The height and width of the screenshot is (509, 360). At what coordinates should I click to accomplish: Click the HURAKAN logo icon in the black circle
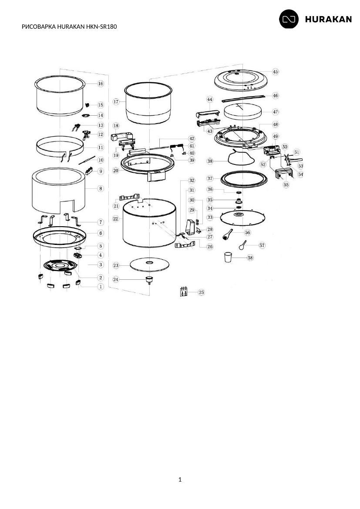pos(289,19)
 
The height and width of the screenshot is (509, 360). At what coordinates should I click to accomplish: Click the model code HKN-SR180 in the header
pos(101,27)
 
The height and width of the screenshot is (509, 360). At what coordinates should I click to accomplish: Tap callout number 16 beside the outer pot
pos(101,84)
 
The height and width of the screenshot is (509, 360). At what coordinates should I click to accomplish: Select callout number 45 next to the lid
pos(275,72)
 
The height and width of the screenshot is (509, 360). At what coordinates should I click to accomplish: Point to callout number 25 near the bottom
pos(201,292)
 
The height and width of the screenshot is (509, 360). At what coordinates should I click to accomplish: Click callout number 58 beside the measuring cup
pos(250,258)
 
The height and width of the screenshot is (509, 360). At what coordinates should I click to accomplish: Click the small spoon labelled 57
pos(242,245)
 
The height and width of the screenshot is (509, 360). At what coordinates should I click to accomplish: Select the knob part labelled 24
pos(149,280)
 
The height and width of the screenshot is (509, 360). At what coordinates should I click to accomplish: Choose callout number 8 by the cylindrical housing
pos(101,188)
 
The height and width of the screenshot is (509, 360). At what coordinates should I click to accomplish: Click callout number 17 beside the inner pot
pos(116,102)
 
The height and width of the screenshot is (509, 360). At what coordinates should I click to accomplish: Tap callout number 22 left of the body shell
pos(116,219)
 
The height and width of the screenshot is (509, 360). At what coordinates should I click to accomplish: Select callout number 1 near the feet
pos(101,287)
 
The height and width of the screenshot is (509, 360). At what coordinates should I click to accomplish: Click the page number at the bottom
pos(180,479)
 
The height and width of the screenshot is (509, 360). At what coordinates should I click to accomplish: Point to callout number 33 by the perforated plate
pos(210,217)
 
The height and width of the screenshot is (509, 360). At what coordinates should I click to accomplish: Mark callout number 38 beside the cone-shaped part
pos(210,161)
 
